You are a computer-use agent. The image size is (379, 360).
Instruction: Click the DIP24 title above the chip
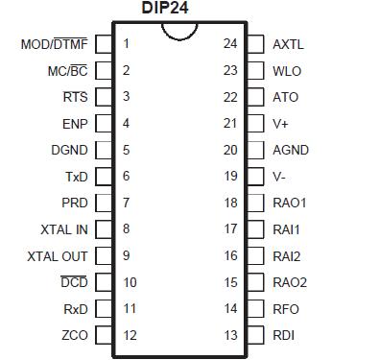point(179,9)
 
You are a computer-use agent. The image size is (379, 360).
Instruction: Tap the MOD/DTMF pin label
point(55,44)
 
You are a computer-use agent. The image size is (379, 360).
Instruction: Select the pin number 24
point(230,44)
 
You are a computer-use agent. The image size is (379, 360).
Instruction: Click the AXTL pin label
point(288,44)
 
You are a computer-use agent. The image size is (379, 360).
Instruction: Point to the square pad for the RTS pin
point(104,97)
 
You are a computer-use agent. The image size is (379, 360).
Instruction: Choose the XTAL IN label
point(64,229)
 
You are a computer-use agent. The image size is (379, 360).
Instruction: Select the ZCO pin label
point(74,335)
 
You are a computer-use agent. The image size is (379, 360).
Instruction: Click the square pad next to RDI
point(255,335)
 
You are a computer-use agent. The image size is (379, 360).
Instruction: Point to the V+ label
point(280,124)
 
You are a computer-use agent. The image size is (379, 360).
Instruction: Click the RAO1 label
point(289,204)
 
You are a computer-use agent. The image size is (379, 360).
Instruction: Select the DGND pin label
point(69,151)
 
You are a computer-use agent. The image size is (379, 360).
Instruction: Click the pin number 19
point(230,177)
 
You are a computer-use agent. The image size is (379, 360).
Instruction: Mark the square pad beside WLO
point(255,71)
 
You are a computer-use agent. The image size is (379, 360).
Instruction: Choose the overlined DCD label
point(74,282)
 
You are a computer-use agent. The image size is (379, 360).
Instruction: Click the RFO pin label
point(286,309)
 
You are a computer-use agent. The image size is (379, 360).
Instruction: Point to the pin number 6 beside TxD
point(126,177)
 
